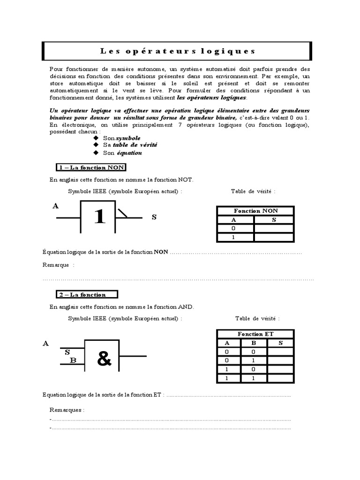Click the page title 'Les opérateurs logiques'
[x=178, y=51]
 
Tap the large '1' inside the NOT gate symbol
[x=99, y=217]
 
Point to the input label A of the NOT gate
[x=56, y=206]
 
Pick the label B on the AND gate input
[x=73, y=360]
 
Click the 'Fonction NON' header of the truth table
[x=255, y=211]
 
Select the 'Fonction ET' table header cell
[x=255, y=334]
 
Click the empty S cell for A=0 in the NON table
[x=274, y=228]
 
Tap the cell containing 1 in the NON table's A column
[x=234, y=237]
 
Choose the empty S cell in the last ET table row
[x=280, y=378]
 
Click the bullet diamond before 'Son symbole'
[x=96, y=139]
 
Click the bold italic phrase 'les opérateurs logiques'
[x=211, y=97]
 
